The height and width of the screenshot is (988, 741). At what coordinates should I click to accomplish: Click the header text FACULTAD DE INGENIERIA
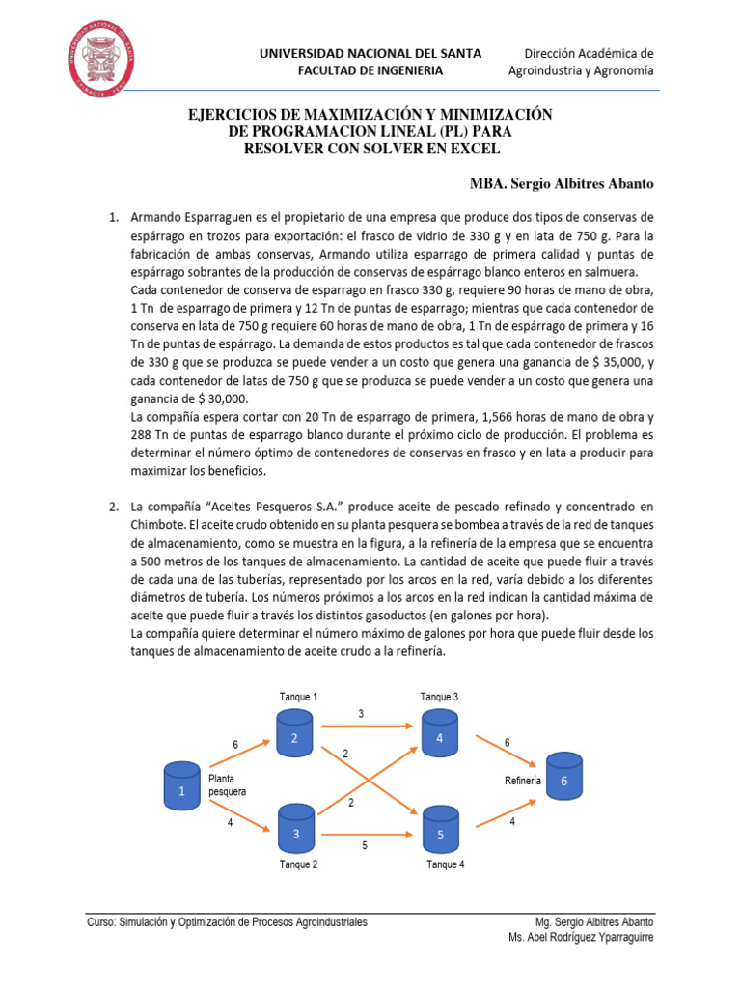pyautogui.click(x=370, y=70)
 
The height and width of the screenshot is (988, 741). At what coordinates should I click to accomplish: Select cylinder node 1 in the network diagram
pyautogui.click(x=181, y=783)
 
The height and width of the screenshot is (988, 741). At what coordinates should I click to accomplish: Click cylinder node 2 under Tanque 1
pyautogui.click(x=295, y=730)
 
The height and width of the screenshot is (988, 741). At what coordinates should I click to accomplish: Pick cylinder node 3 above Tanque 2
pyautogui.click(x=295, y=826)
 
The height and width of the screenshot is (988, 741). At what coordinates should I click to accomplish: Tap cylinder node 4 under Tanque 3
pyautogui.click(x=438, y=730)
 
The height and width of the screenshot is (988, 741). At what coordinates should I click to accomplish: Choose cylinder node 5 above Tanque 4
pyautogui.click(x=440, y=827)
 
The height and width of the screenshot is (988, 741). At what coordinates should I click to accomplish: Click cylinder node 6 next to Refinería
pyautogui.click(x=564, y=774)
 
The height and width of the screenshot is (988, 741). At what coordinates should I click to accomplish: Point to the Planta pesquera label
pyautogui.click(x=227, y=783)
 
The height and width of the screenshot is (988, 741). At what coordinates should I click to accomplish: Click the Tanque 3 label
pyautogui.click(x=440, y=697)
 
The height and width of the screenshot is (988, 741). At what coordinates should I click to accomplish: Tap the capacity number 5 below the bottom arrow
pyautogui.click(x=364, y=846)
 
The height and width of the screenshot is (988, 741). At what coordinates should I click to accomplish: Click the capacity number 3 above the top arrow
pyautogui.click(x=361, y=713)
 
